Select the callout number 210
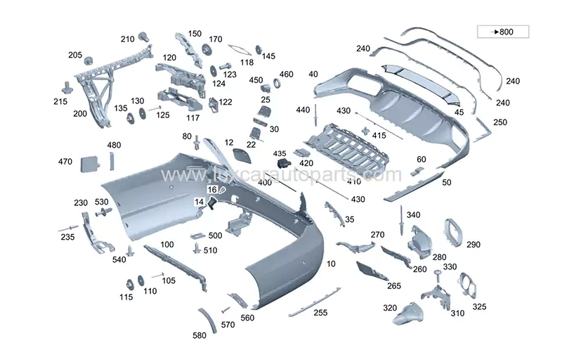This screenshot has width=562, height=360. [127, 39]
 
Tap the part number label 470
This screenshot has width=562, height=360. [65, 162]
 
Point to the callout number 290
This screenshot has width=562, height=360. [473, 245]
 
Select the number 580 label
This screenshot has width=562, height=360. [200, 336]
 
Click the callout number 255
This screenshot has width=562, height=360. [320, 312]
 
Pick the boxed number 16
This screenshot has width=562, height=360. [212, 190]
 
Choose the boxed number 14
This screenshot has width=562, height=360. [200, 202]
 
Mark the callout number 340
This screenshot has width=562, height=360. [413, 215]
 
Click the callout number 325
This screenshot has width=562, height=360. [478, 307]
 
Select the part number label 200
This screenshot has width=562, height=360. [80, 113]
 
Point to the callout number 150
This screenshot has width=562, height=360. [195, 34]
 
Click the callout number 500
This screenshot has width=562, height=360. [215, 236]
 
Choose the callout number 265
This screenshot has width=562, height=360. [394, 285]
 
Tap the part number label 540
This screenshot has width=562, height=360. [119, 260]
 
